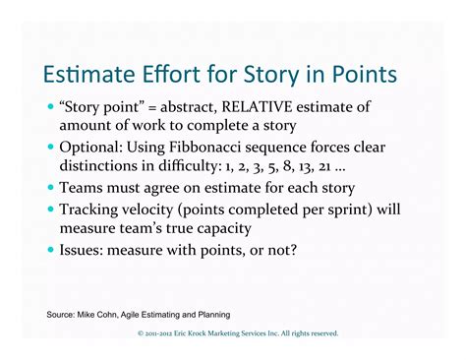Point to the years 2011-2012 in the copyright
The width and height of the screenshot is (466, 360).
tap(164, 334)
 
